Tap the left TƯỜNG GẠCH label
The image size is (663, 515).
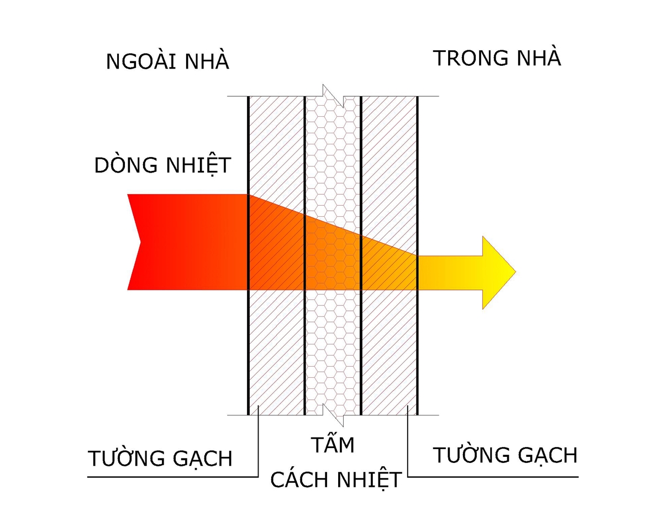tap(160, 459)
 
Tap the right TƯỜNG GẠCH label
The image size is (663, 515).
tap(505, 455)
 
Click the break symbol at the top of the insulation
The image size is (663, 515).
tap(333, 96)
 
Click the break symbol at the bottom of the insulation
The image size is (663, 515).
tap(333, 415)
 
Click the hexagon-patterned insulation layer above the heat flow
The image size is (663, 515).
tap(333, 149)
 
